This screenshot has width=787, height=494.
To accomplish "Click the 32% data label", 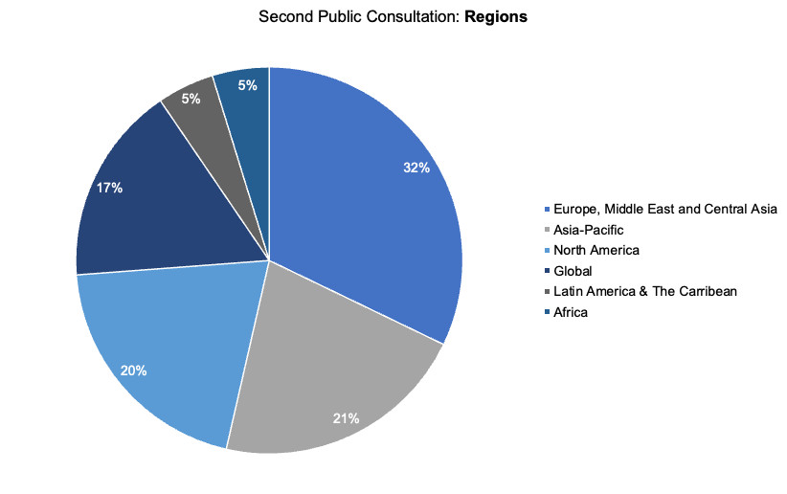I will (416, 168).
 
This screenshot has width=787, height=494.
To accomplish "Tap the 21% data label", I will (346, 418).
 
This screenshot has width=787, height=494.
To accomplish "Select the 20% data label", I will (133, 370).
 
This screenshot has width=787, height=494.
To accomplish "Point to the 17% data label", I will (109, 188).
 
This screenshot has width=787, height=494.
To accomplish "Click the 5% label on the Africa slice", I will (247, 85).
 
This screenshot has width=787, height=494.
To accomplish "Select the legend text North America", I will (596, 250).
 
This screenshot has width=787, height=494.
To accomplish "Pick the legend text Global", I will (573, 271).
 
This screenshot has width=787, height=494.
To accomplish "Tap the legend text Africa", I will (571, 312).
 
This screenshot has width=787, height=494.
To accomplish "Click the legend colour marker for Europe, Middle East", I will (547, 209).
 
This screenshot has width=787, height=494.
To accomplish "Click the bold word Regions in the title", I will (496, 17).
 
